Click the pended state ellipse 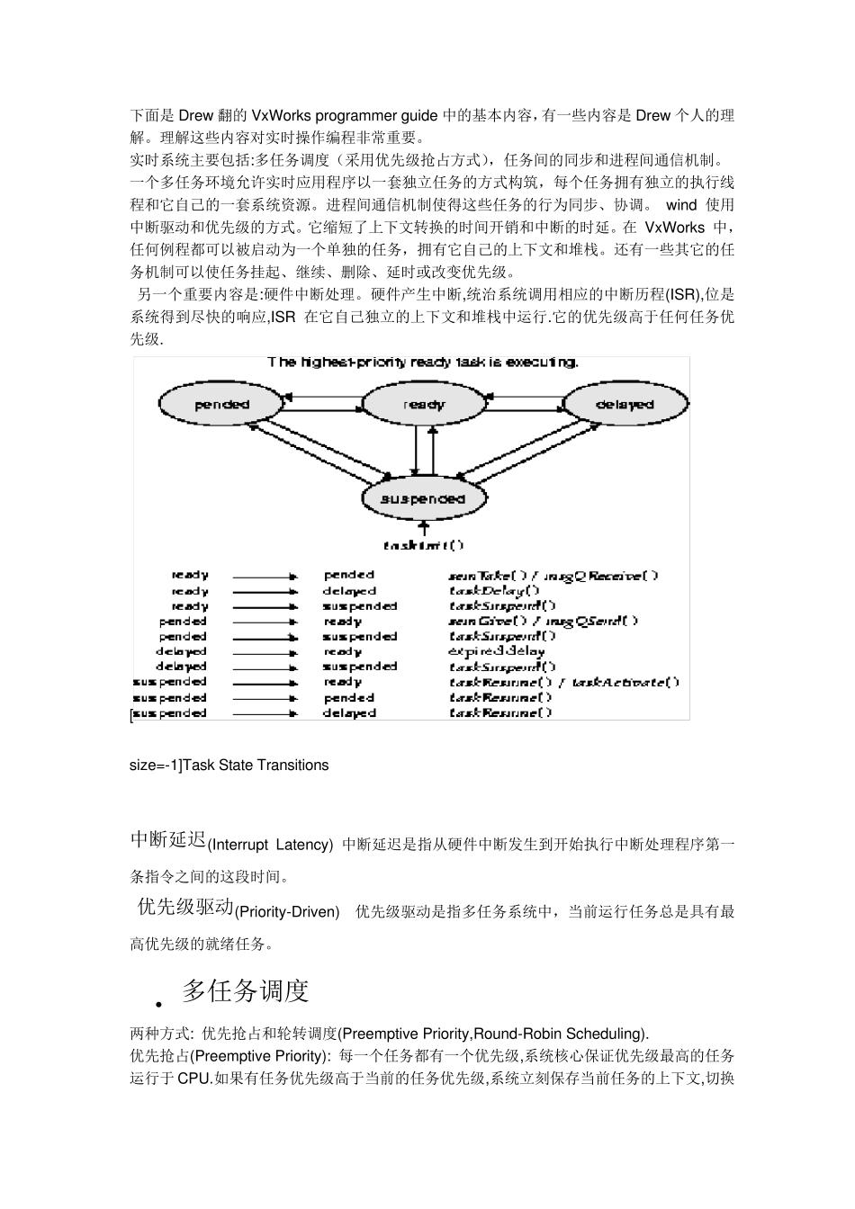(221, 405)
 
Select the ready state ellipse (423, 405)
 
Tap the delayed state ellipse (625, 405)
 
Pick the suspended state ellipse (423, 498)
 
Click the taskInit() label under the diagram (423, 545)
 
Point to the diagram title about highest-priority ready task (423, 363)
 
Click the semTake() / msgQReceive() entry (553, 576)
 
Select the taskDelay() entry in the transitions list (494, 591)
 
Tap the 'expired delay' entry (496, 651)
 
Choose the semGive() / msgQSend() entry (544, 621)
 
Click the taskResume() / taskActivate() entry (564, 682)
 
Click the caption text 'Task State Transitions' (256, 766)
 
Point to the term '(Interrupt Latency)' (270, 845)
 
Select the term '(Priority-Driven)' (287, 912)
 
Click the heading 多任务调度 (246, 991)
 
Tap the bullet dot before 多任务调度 (159, 1004)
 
